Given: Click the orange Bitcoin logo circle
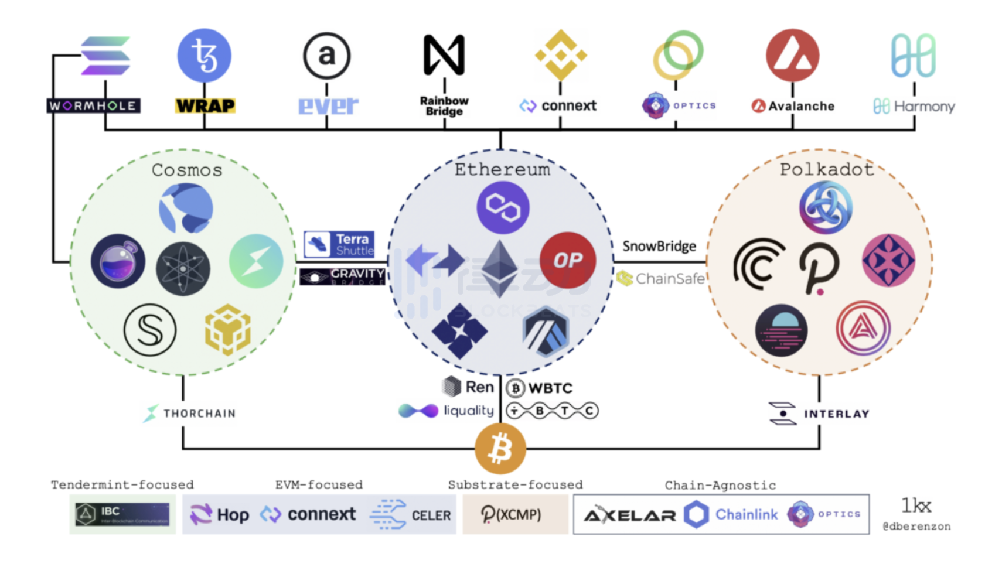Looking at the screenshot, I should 500,449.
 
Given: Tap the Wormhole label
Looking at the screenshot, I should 93,105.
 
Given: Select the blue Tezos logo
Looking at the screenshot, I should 204,56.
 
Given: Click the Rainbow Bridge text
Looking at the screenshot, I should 444,106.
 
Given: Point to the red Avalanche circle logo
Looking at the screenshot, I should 792,56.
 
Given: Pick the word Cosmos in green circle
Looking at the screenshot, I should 187,170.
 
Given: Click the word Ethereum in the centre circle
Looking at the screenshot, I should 502,169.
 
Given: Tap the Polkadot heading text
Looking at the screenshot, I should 826,169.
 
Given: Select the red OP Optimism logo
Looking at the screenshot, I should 567,260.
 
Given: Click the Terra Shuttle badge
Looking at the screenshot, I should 339,244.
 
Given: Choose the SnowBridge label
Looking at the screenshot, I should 659,246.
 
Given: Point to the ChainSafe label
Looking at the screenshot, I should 661,279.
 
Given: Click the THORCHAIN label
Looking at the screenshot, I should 190,413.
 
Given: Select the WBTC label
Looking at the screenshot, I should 540,388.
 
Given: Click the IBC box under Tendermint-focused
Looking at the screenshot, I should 122,514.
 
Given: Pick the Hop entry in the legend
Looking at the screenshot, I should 220,515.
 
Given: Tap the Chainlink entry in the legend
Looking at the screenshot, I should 731,514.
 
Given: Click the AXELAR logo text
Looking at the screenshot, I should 630,515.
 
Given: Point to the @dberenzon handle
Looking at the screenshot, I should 916,526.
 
